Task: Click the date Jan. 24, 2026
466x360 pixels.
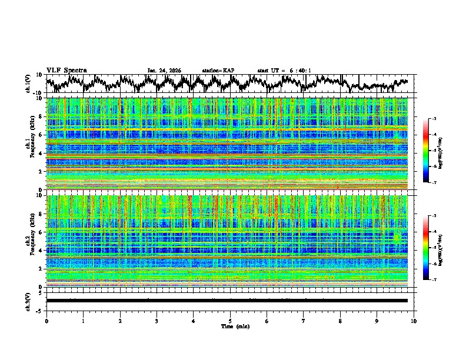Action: (164, 71)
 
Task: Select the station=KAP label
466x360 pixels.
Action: (218, 71)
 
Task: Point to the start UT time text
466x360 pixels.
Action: (284, 71)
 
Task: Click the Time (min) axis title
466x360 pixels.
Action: (230, 326)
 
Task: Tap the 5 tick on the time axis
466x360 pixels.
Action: (230, 321)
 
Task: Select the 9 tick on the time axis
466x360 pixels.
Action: (377, 321)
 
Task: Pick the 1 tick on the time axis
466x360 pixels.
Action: (83, 321)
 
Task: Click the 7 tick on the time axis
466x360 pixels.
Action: (304, 321)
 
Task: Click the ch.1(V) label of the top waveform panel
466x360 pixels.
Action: (28, 84)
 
